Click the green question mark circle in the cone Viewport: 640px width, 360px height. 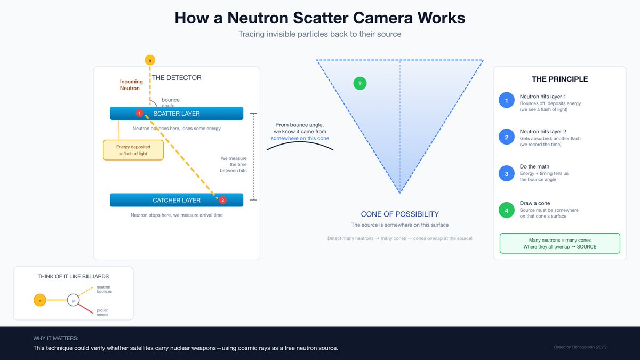pos(360,83)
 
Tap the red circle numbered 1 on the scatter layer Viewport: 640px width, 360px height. pos(139,113)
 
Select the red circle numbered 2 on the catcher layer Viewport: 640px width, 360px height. pos(223,200)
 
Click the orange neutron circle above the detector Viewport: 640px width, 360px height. pos(150,60)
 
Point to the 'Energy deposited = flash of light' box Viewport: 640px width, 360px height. pos(133,150)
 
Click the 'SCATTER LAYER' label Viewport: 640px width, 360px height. pos(177,114)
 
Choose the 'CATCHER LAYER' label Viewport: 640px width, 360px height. pos(177,200)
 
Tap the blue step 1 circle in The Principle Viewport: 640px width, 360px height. pos(506,100)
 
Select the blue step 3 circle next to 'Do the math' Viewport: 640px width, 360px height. pos(506,173)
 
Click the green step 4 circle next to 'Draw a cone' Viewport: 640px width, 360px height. pos(506,210)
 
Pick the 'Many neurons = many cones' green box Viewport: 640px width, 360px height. pos(559,243)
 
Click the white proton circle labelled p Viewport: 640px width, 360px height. pos(73,300)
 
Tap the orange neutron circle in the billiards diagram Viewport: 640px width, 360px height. pos(40,300)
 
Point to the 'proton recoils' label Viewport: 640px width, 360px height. pos(103,313)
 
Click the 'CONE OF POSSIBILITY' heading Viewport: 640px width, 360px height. pos(399,214)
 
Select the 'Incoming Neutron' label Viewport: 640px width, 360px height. pos(131,85)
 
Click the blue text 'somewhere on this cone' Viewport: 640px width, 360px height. pos(299,138)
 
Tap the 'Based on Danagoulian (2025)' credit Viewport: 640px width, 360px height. pos(580,347)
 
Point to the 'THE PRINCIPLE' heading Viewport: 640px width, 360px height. pos(559,79)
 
